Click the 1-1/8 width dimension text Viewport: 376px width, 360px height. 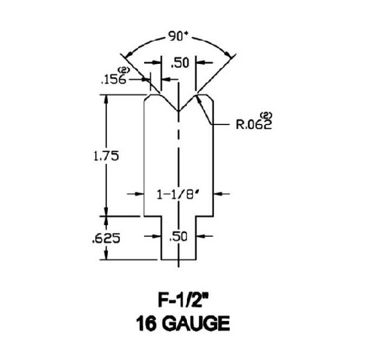(179, 193)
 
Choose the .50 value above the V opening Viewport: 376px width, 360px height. (179, 64)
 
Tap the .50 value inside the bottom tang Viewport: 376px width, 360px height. (179, 237)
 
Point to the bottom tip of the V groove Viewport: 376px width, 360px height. (179, 111)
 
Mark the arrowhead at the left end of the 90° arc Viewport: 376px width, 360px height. (126, 56)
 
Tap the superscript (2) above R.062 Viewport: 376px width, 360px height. (266, 115)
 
